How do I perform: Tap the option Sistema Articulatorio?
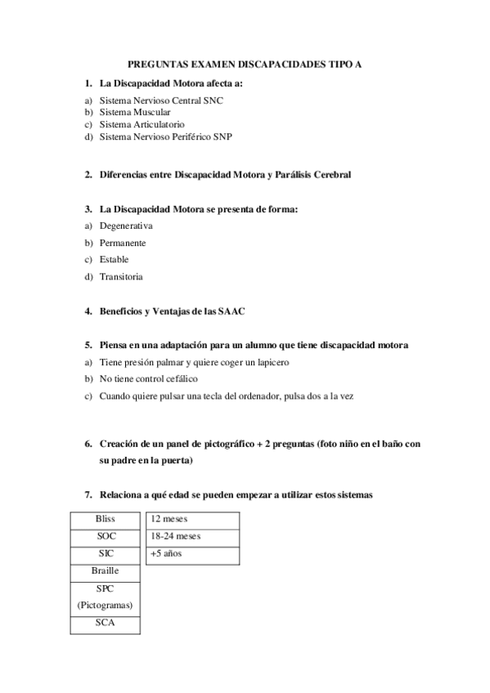(x=136, y=124)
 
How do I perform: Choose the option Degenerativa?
(x=126, y=226)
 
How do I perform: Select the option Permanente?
(x=123, y=243)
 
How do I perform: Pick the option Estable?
(x=115, y=260)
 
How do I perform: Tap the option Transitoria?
(x=121, y=277)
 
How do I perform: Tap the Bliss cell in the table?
(x=106, y=519)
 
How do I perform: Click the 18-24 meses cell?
(x=193, y=536)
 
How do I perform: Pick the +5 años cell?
(x=193, y=554)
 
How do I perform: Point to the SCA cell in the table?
(x=106, y=624)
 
